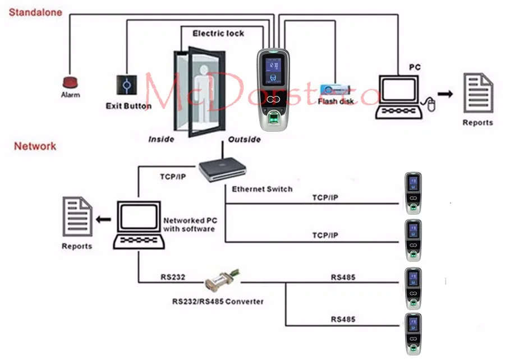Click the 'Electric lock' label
click(x=218, y=34)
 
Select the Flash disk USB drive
click(x=334, y=90)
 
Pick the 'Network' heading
click(x=35, y=146)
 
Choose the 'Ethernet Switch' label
click(x=262, y=189)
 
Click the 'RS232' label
click(x=172, y=277)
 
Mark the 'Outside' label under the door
click(x=244, y=139)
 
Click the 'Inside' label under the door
click(x=161, y=139)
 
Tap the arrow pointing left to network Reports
click(x=103, y=218)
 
